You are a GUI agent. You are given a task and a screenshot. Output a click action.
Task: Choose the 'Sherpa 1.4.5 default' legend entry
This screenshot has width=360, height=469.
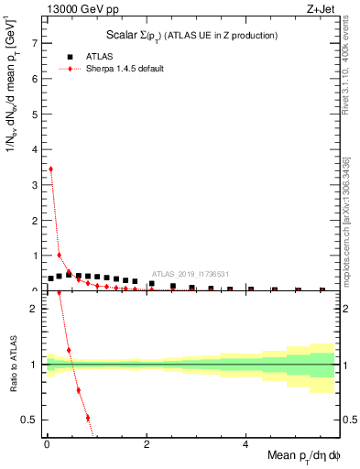pos(125,69)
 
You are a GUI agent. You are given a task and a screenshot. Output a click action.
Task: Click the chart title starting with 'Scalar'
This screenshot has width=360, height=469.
pos(189,35)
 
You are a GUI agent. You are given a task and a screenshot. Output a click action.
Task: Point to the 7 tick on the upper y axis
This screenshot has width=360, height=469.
pos(36,43)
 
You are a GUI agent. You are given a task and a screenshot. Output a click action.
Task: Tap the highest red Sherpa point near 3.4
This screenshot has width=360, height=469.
pos(50,169)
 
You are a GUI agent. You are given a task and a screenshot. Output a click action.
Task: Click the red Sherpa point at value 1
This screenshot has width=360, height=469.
pos(60,255)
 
